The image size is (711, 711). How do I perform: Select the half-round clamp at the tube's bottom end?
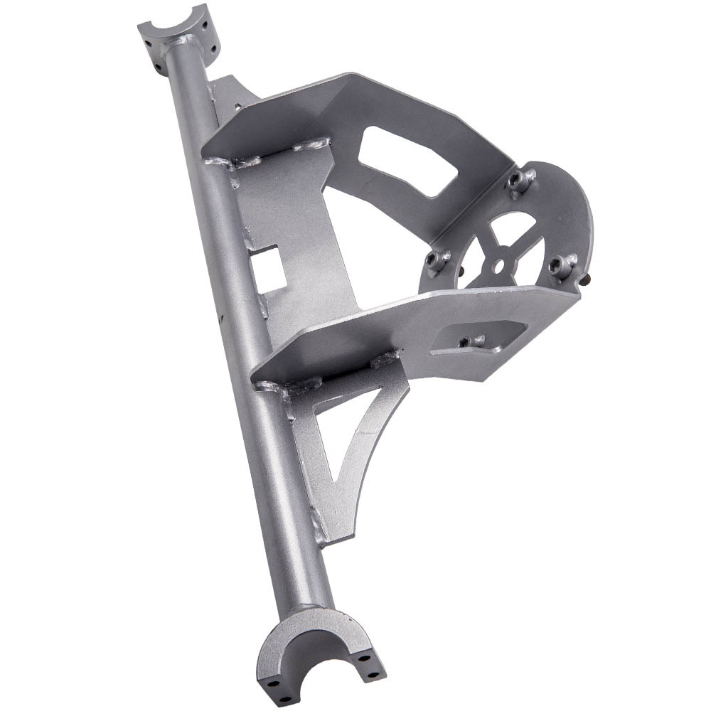point(320,651)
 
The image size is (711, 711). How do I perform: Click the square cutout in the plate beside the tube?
point(269,267)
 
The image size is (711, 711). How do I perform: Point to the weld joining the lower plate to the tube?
point(274,387)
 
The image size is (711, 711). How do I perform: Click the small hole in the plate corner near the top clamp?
point(234,105)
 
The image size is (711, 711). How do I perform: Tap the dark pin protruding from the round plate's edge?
point(584,280)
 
